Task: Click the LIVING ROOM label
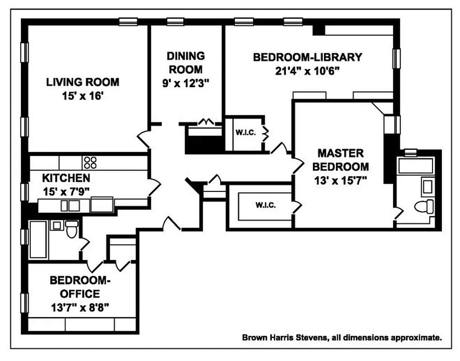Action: [x=83, y=82]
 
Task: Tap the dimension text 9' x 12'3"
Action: [x=186, y=83]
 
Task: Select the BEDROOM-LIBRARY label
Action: [x=307, y=57]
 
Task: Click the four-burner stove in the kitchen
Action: [x=90, y=162]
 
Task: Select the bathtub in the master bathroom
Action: [x=415, y=167]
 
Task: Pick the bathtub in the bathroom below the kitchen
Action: [x=39, y=240]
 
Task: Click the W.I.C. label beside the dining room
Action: [x=245, y=133]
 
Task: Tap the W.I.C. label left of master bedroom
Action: [x=265, y=205]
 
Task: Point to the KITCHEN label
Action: [x=66, y=177]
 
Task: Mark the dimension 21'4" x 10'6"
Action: [x=307, y=71]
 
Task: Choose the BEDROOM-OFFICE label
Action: [x=80, y=287]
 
